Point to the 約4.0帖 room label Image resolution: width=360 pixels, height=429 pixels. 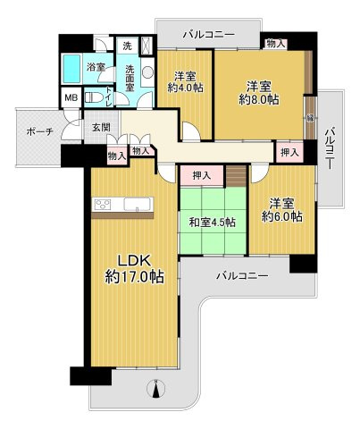click(185, 81)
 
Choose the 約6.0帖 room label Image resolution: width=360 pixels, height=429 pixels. click(280, 209)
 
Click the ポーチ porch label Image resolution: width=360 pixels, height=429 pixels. click(40, 131)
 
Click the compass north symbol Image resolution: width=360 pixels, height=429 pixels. click(157, 389)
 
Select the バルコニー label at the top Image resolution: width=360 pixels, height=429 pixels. click(208, 34)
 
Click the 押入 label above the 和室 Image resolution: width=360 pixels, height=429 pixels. click(201, 176)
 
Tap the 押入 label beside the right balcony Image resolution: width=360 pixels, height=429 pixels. click(288, 153)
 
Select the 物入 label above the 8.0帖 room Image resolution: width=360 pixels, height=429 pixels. click(276, 43)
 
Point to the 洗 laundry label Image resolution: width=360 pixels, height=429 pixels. click(127, 45)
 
